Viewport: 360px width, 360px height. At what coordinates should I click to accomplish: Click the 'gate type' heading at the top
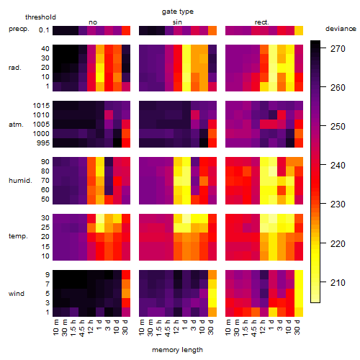[178, 12]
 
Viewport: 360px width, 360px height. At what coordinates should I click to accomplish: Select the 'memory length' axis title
[177, 350]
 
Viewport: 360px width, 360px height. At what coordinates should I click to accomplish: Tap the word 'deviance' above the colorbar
[341, 29]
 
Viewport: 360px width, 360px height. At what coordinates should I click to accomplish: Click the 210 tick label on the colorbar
[338, 282]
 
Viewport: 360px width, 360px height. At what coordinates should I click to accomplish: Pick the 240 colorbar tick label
[338, 166]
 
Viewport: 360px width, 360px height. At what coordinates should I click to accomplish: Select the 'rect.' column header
[261, 22]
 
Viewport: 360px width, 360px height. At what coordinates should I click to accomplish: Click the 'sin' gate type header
[177, 22]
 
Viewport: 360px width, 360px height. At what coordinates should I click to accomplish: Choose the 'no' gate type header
[93, 22]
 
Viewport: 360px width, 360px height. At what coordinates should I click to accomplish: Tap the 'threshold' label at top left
[40, 17]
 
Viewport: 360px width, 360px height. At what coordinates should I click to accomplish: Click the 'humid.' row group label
[20, 181]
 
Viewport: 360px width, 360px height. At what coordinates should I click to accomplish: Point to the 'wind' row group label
[17, 294]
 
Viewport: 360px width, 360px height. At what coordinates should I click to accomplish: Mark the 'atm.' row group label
[16, 125]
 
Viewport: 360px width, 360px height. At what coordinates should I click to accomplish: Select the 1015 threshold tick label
[41, 106]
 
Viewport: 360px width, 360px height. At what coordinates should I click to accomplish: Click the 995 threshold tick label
[43, 143]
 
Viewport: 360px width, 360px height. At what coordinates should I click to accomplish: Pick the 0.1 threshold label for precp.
[44, 30]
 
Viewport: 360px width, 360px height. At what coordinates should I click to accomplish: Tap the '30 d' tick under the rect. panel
[297, 327]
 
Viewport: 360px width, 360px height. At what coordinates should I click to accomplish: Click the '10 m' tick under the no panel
[55, 327]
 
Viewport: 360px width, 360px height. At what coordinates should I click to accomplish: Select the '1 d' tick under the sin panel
[185, 325]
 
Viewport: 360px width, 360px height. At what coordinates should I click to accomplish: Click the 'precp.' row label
[19, 29]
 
